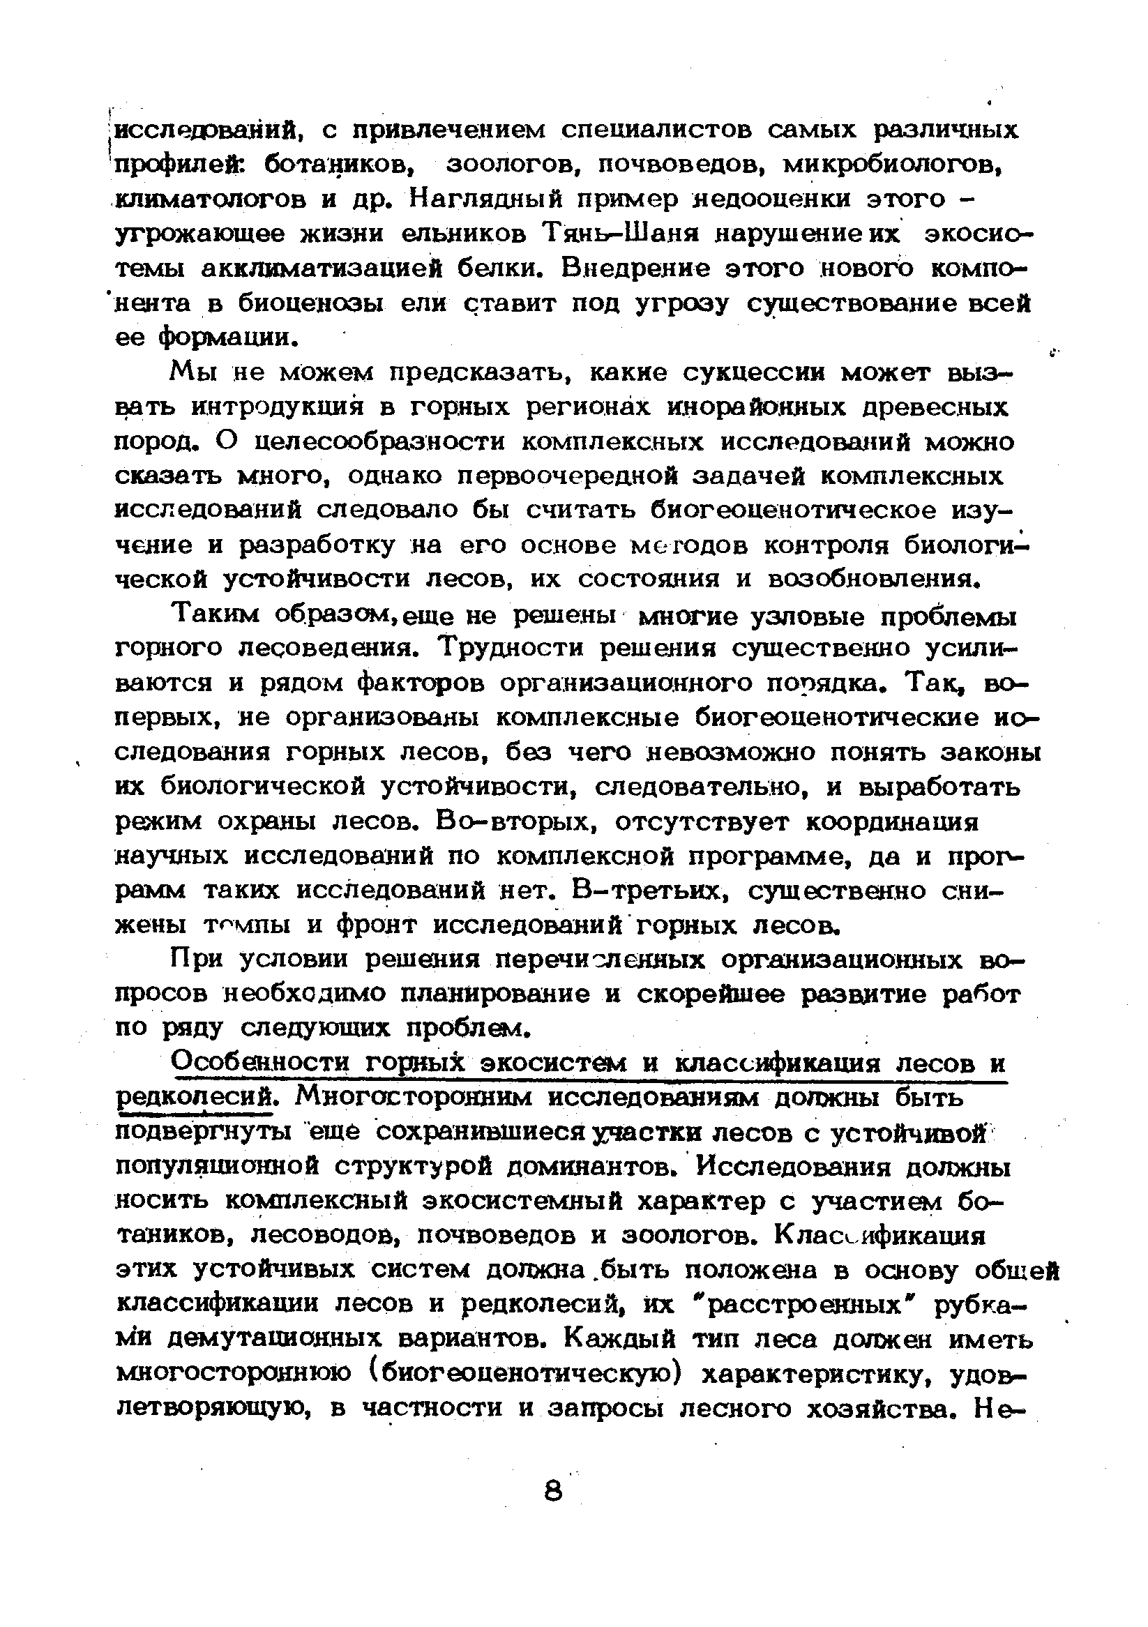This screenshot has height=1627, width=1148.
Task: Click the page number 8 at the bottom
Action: coord(554,1490)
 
